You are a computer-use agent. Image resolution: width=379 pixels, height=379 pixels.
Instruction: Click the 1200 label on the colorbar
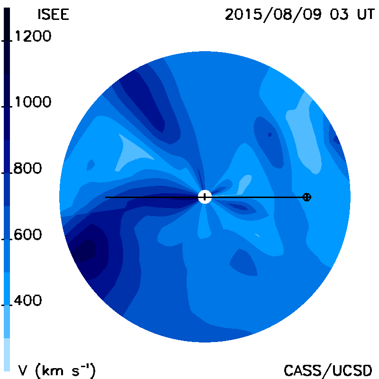tap(33, 36)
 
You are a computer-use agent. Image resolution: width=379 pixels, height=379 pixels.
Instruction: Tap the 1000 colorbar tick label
tap(33, 101)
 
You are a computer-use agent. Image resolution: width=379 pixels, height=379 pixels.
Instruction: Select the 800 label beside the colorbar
tap(27, 168)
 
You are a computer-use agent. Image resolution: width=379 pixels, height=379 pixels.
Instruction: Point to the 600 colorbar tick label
tap(27, 235)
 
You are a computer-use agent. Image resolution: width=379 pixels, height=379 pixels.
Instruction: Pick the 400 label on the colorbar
tap(27, 300)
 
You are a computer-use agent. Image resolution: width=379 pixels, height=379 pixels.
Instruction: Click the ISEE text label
tap(54, 14)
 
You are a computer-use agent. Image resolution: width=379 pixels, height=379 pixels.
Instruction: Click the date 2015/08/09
tap(273, 15)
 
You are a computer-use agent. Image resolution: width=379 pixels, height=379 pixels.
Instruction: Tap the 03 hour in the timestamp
tap(339, 14)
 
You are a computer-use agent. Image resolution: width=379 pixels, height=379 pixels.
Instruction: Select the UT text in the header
tap(366, 14)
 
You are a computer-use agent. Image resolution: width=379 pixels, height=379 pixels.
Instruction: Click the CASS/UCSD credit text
tap(328, 370)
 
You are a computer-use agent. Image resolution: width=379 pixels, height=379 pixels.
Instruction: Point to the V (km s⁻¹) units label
tap(57, 370)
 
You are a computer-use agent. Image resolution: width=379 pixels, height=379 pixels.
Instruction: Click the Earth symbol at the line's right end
tap(307, 197)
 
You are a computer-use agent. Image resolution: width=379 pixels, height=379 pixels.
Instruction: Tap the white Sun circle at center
tap(205, 197)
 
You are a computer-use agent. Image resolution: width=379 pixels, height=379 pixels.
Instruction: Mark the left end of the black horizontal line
tap(105, 197)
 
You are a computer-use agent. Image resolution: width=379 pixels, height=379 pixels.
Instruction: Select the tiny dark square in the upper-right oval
tap(270, 135)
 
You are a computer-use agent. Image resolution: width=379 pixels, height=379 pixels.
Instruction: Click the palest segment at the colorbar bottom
tap(7, 354)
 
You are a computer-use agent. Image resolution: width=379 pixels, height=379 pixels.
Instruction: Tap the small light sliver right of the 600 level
tap(257, 235)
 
